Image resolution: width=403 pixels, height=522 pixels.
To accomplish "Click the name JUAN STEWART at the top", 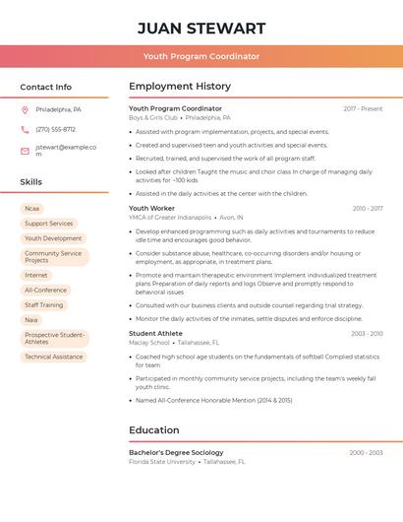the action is [201, 28].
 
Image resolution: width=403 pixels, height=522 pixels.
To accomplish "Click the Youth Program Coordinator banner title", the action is [201, 56].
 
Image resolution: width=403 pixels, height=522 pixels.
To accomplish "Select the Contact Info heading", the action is [45, 87].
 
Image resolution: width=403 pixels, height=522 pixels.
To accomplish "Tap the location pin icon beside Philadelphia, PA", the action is [25, 109].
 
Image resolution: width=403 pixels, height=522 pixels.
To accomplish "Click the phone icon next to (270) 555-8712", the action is [25, 129].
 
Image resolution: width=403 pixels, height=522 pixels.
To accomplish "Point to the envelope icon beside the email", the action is [25, 151].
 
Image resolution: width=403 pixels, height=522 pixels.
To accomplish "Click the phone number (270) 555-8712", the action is [55, 129].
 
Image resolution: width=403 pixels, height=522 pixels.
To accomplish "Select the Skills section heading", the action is [31, 182].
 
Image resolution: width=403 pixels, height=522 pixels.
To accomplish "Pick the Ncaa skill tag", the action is [32, 209].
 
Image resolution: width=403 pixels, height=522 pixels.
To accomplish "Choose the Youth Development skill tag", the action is [53, 238].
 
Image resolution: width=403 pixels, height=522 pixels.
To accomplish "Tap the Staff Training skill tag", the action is [44, 305].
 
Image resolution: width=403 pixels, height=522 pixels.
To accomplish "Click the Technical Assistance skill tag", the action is [53, 357].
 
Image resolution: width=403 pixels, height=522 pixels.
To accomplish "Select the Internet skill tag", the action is [36, 276].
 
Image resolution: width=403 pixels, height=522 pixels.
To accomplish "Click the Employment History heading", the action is [180, 87].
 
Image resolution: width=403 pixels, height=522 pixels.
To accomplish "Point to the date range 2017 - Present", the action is [363, 109].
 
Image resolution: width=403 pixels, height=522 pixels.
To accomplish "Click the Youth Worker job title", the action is [151, 209].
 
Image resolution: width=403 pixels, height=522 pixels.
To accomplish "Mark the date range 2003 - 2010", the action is [368, 334].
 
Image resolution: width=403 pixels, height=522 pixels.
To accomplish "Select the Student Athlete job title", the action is [156, 334].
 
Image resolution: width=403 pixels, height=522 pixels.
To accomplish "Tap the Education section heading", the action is [154, 430].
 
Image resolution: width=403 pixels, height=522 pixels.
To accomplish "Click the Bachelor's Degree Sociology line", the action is [176, 453].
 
